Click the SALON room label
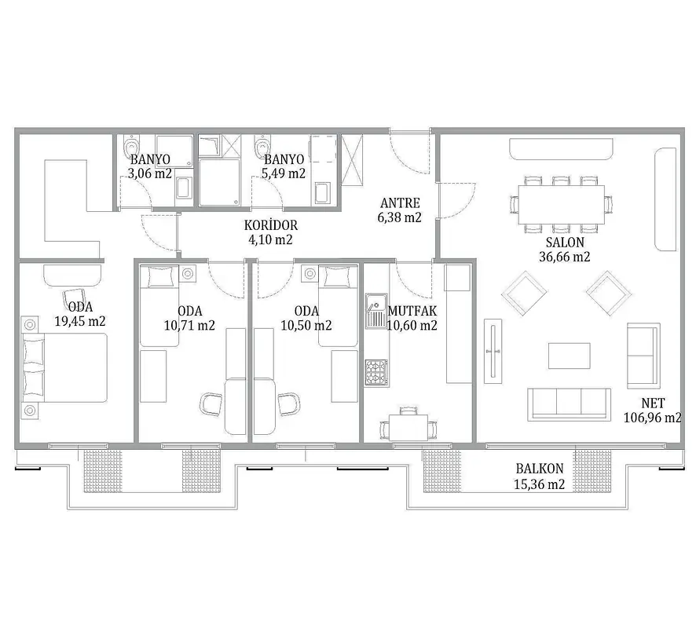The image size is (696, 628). (x=565, y=242)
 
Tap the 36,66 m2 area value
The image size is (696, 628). (x=565, y=257)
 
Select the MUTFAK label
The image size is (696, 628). (x=412, y=311)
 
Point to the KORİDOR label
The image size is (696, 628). (x=271, y=225)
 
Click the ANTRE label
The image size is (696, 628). (x=400, y=203)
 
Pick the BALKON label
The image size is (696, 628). (x=540, y=469)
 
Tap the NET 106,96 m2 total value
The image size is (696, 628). (x=653, y=411)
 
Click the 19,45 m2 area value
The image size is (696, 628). (x=80, y=321)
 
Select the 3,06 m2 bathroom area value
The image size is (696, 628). (x=150, y=173)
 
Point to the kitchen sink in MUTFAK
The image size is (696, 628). (x=376, y=311)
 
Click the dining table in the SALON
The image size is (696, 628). (x=561, y=205)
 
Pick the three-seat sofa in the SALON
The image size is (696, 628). (x=569, y=404)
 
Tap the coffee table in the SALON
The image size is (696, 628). (x=569, y=356)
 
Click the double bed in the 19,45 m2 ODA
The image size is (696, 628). (x=64, y=368)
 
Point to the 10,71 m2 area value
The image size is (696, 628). (x=189, y=326)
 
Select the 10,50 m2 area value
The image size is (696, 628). (x=306, y=326)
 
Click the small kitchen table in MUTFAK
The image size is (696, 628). (x=408, y=428)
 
